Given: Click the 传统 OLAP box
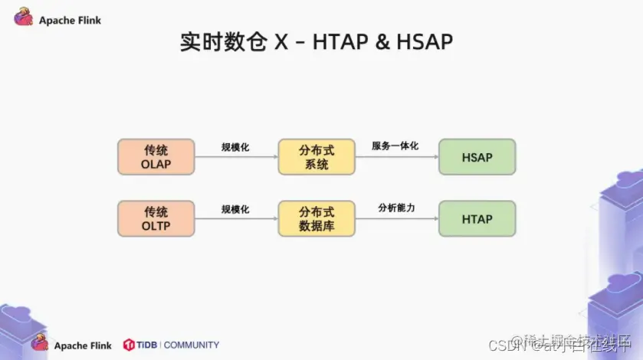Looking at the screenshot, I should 156,156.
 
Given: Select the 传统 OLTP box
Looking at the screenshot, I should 156,218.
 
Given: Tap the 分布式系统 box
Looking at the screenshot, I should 317,156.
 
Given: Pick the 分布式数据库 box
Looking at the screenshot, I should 317,218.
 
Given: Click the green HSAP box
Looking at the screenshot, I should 477,156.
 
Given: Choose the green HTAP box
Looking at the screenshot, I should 477,218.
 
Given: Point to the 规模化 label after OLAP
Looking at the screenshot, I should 235,146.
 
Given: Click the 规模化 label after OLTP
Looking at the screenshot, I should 235,208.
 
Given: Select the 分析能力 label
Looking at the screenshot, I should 396,208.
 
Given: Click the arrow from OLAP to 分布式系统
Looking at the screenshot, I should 236,157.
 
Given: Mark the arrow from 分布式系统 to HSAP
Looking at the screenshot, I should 396,157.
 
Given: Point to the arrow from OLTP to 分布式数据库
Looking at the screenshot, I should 236,219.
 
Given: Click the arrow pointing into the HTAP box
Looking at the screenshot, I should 396,219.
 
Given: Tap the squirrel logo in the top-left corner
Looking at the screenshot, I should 23,18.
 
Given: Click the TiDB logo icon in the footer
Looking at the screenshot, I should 129,345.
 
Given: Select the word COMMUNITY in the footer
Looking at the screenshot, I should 191,345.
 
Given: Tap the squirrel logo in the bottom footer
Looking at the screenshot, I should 40,344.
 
